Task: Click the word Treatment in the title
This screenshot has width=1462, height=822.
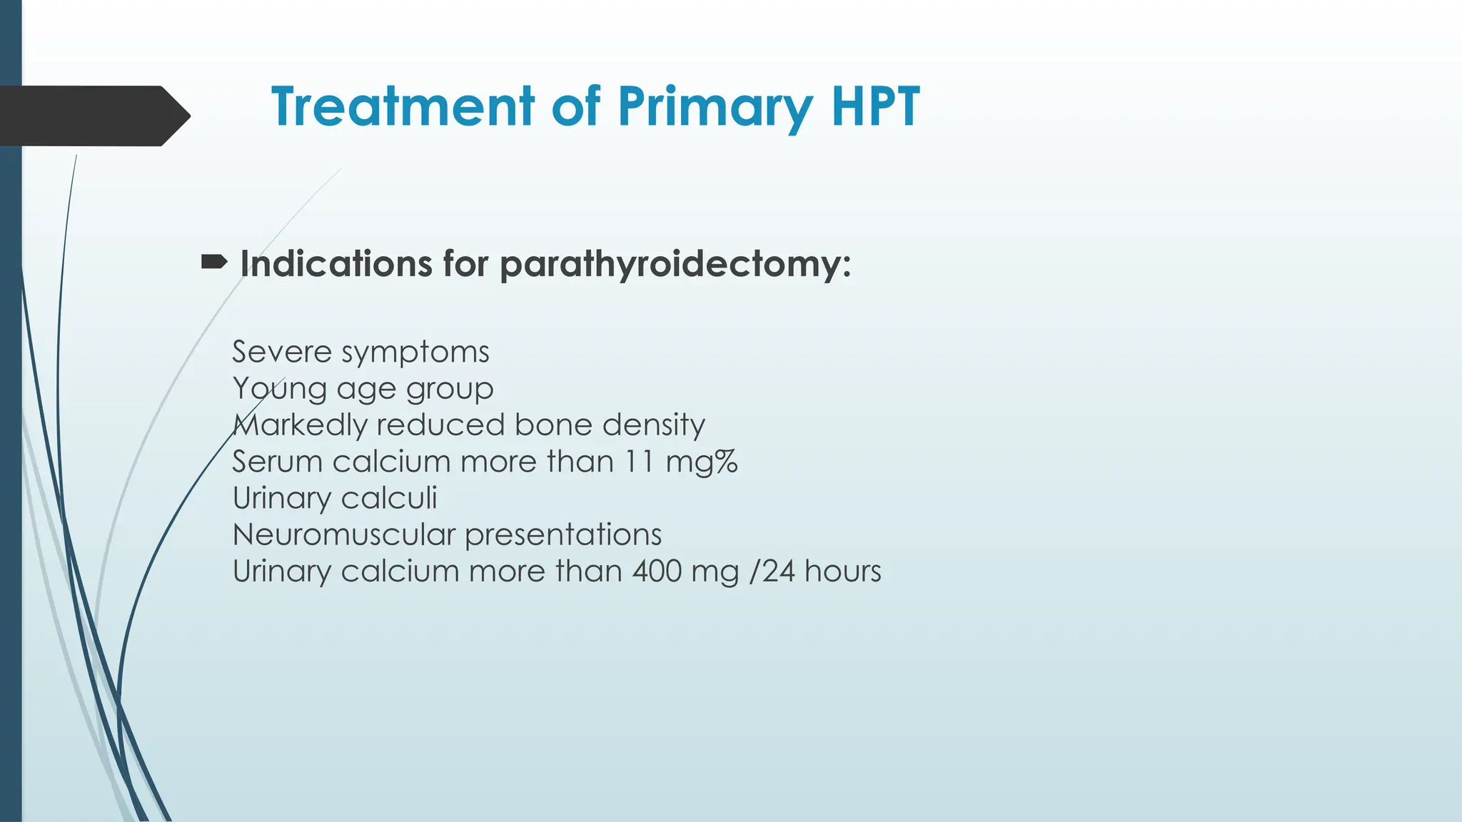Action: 403,107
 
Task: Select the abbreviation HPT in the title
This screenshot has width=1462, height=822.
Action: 875,107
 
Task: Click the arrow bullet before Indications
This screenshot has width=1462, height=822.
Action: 214,263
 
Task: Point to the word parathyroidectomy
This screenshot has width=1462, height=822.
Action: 675,265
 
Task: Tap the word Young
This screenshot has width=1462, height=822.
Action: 279,389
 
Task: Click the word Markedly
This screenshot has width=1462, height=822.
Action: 299,425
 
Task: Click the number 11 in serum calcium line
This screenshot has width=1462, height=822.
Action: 640,462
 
